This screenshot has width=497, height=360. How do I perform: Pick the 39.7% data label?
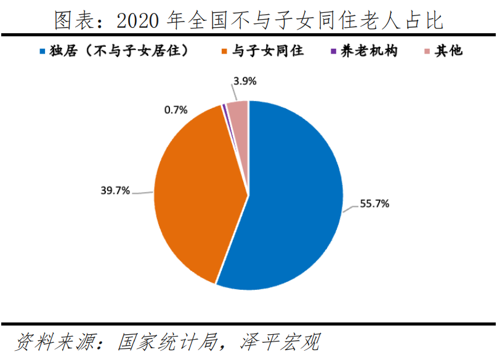tap(115, 191)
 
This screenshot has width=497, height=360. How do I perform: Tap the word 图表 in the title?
tap(73, 20)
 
